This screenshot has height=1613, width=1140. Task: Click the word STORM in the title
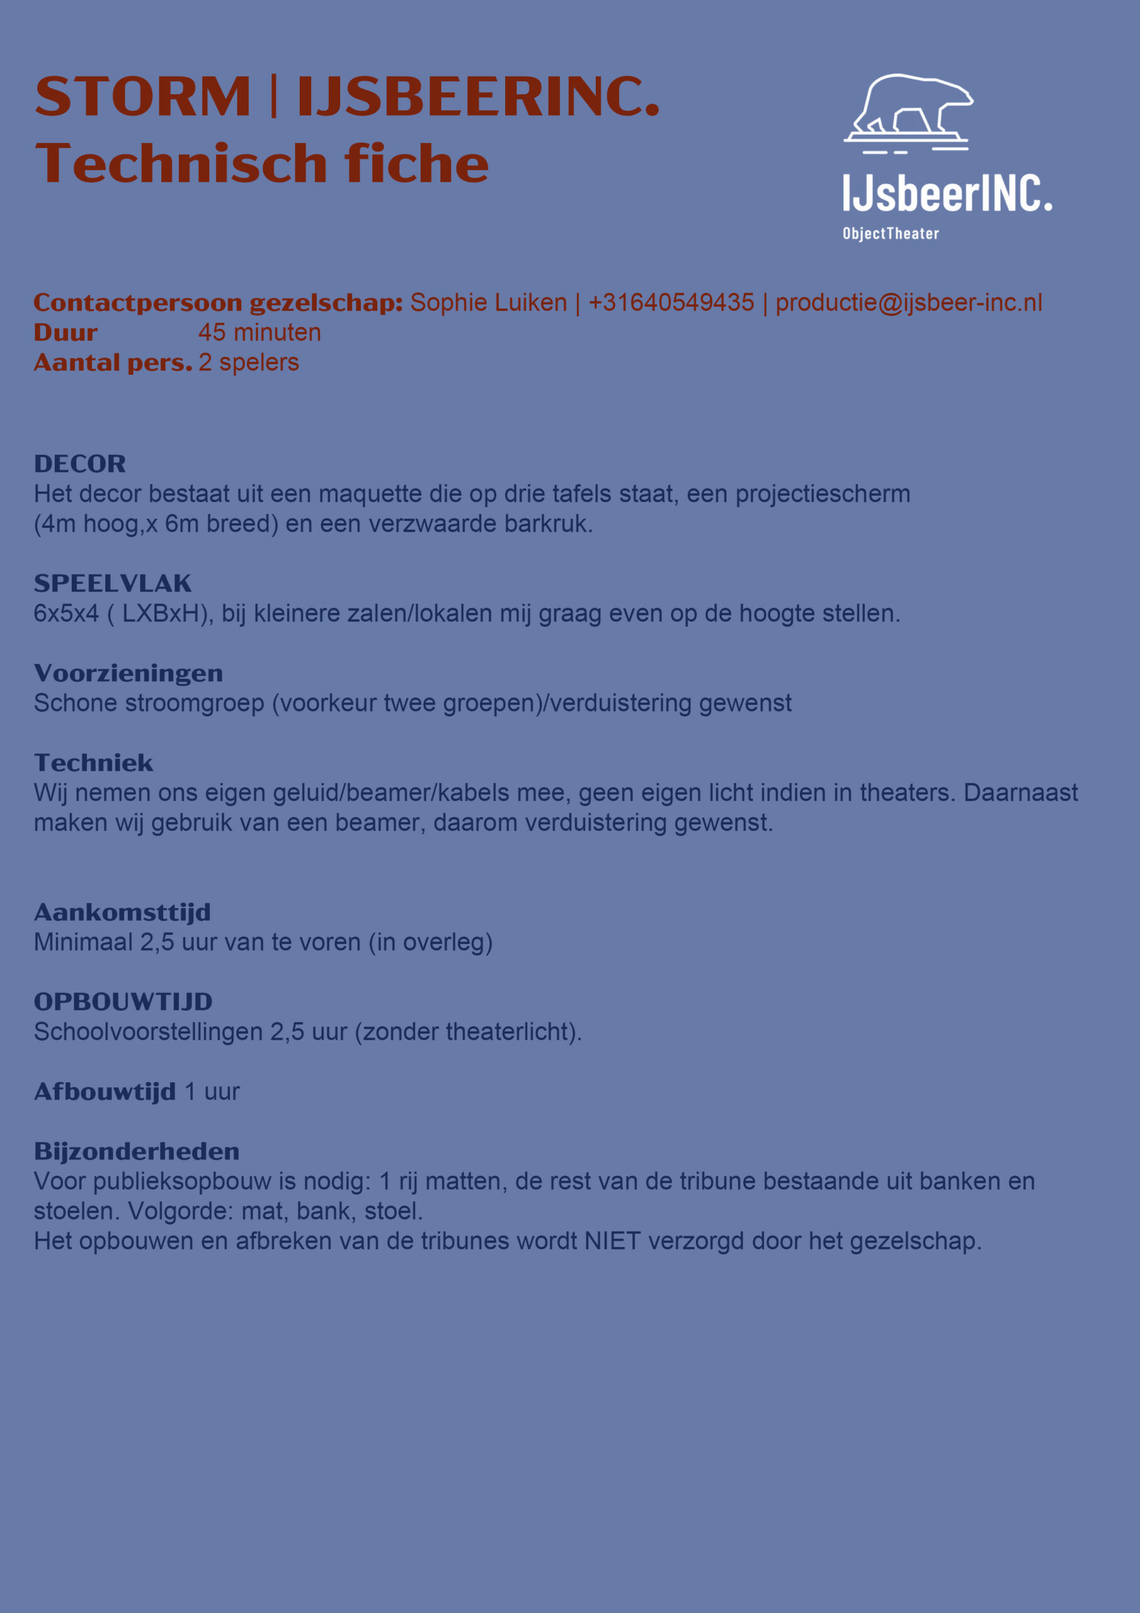point(142,96)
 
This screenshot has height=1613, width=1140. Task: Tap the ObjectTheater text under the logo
point(891,234)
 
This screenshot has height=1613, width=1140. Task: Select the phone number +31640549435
point(671,303)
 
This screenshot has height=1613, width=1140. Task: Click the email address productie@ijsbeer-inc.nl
point(908,303)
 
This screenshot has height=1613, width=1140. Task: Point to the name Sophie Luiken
point(488,303)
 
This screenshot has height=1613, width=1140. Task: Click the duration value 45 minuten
point(259,332)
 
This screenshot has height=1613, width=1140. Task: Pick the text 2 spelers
point(249,362)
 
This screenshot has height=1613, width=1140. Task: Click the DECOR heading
point(80,464)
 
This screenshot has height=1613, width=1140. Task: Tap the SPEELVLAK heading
point(112,583)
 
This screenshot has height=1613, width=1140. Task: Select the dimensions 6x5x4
point(66,613)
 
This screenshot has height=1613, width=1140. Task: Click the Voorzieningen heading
point(128,673)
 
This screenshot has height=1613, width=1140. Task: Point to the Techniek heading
point(93,763)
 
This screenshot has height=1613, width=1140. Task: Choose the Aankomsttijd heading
point(122,912)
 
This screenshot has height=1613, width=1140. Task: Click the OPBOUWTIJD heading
point(123,1002)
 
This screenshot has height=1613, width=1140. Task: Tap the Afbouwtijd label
point(105,1092)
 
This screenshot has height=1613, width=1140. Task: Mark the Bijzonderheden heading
point(137,1151)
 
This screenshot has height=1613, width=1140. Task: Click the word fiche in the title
point(416,164)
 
